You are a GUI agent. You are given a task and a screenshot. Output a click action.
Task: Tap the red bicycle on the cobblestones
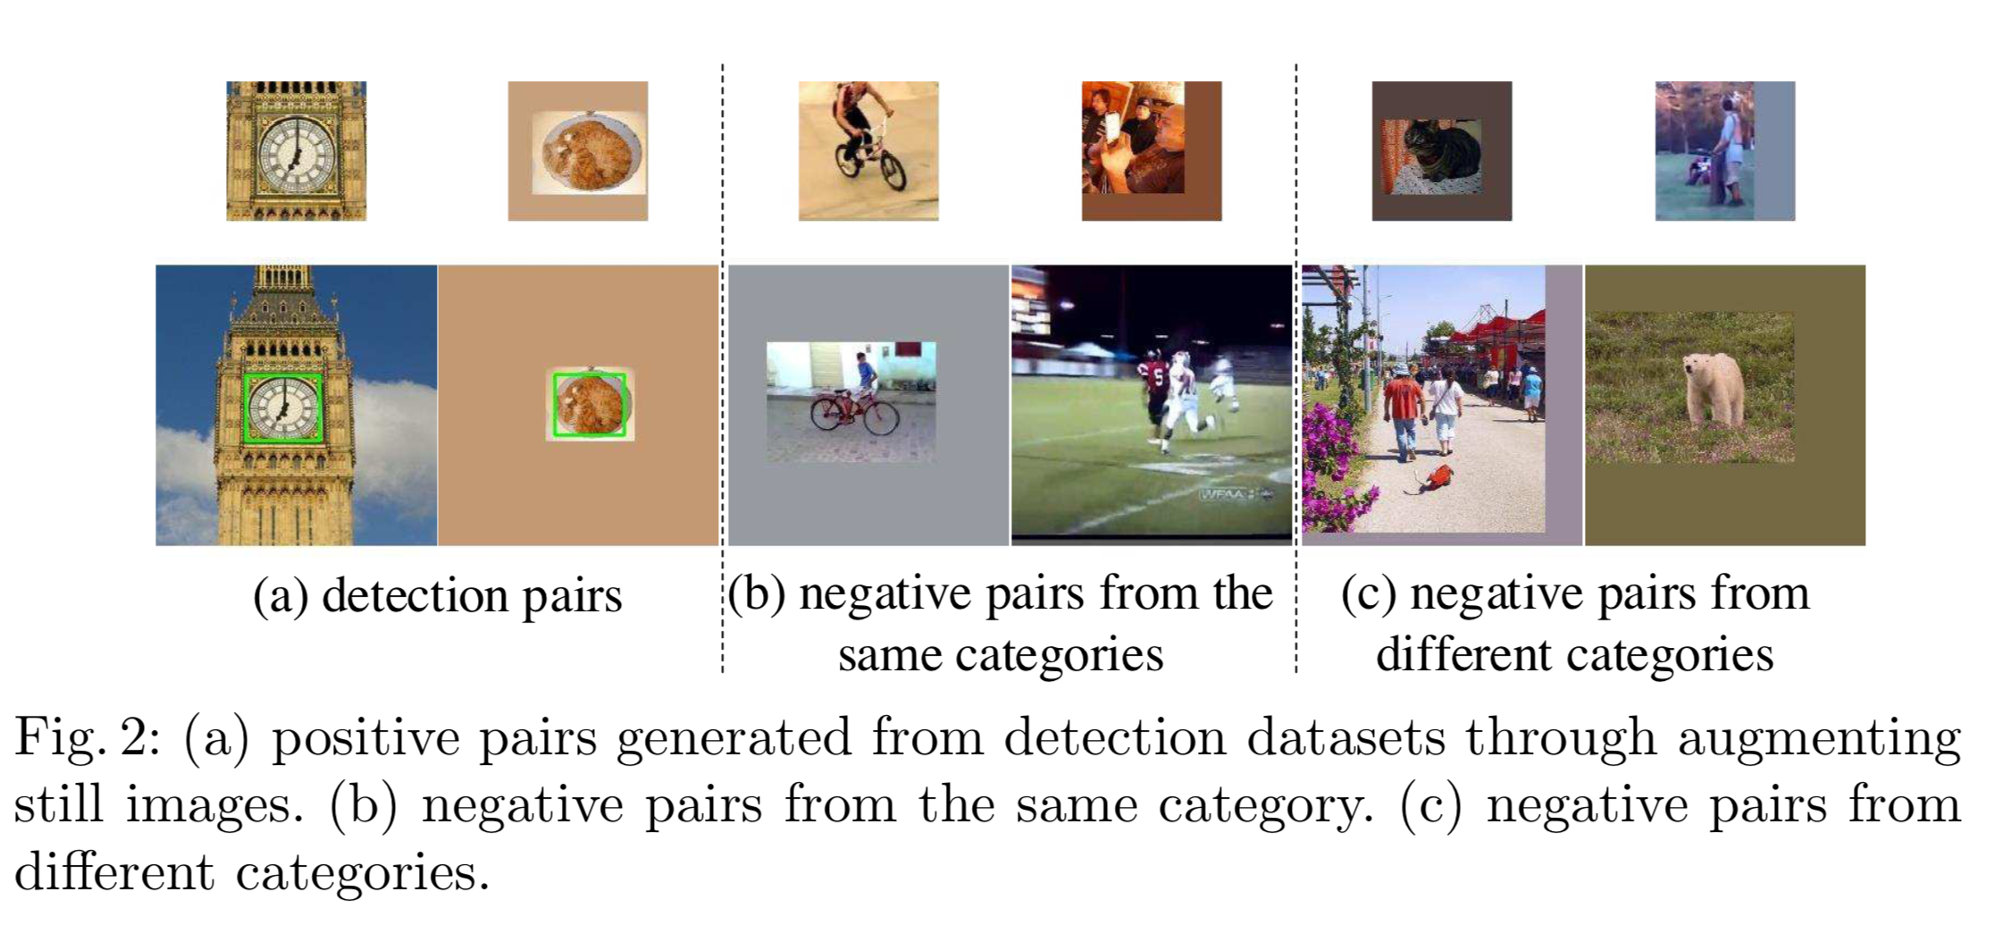click(x=854, y=414)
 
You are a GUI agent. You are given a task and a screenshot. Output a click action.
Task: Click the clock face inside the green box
click(x=282, y=408)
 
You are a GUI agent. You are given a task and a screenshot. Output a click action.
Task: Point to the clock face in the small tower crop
click(x=296, y=153)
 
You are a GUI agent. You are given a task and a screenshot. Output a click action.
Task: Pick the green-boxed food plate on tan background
click(x=589, y=405)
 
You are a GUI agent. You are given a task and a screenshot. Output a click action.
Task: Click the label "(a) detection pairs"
click(x=437, y=596)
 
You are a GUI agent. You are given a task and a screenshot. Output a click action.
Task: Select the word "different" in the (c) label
click(x=1456, y=655)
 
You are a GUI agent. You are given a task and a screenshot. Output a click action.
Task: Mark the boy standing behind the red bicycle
click(x=864, y=376)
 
